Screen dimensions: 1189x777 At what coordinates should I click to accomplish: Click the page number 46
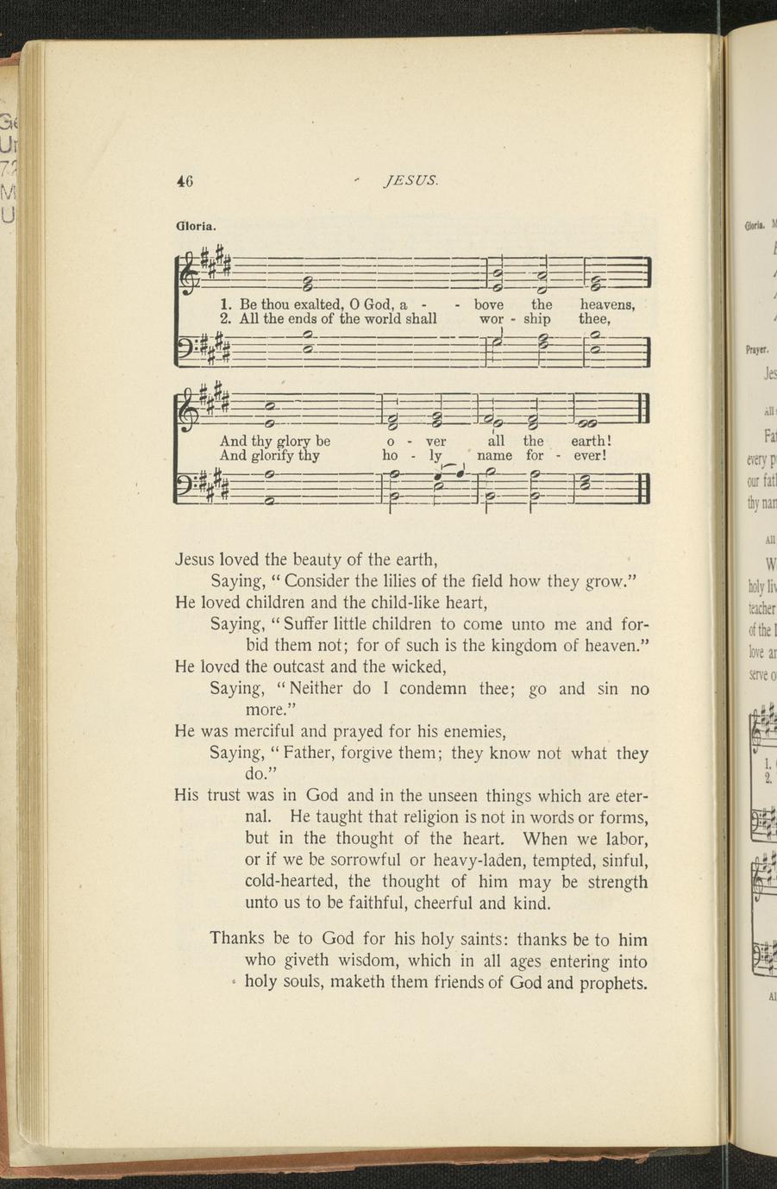click(184, 181)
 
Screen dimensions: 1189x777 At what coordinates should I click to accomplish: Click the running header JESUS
click(411, 181)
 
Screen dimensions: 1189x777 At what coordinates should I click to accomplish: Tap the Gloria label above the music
click(196, 227)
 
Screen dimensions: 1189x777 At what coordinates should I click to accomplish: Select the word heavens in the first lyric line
click(607, 304)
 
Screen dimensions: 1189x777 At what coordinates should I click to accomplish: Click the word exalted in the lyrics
click(318, 304)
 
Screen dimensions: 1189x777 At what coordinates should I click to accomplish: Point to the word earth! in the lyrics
click(591, 441)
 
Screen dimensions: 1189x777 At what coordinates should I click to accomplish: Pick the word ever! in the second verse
click(592, 455)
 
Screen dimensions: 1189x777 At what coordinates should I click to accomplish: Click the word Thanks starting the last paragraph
click(238, 939)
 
